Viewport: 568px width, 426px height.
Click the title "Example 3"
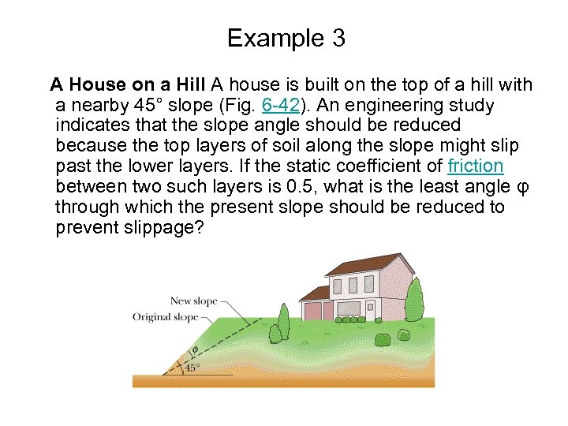click(x=286, y=38)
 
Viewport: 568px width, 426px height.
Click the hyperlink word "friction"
click(x=475, y=166)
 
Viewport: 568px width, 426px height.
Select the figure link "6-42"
click(x=278, y=105)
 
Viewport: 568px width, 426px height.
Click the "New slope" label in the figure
click(x=193, y=301)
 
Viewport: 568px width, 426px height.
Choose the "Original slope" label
click(x=166, y=317)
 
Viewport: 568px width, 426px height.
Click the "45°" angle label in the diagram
click(x=192, y=368)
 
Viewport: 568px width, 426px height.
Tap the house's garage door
click(x=316, y=310)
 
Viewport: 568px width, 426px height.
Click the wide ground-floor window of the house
click(x=349, y=308)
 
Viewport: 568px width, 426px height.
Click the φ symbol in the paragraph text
click(x=518, y=187)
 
